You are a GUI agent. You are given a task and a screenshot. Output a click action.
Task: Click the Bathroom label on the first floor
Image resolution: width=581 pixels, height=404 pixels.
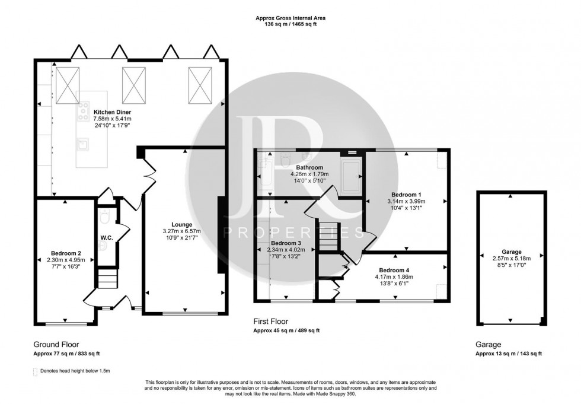(308, 168)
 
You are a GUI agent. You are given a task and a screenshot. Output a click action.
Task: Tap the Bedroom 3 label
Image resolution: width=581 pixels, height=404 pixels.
(286, 243)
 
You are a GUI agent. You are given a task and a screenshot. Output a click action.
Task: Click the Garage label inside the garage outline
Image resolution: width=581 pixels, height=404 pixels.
(510, 252)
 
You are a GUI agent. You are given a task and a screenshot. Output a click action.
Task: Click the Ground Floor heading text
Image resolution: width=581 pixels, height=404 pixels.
(56, 343)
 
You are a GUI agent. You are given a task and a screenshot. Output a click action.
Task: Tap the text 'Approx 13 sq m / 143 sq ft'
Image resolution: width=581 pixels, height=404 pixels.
(509, 354)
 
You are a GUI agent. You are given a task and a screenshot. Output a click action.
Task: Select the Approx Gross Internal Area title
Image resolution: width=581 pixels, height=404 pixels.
(290, 18)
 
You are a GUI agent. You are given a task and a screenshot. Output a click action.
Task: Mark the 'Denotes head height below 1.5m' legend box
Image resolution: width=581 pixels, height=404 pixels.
(35, 371)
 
